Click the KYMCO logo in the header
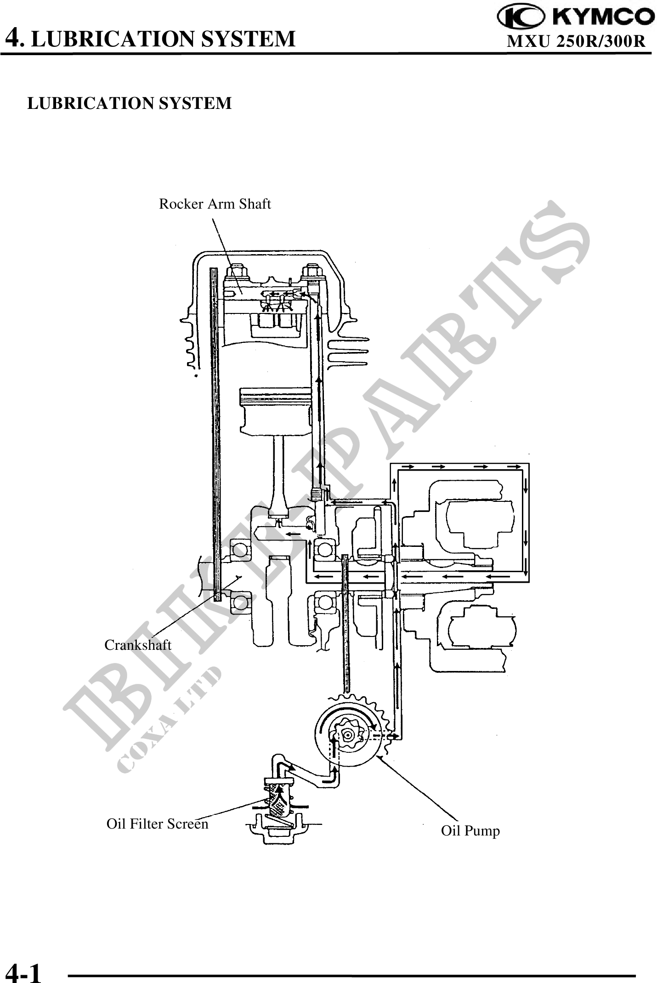[576, 17]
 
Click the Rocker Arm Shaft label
[215, 204]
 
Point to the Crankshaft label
[138, 645]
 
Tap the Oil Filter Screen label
[158, 824]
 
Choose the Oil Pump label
[470, 830]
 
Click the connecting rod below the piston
[280, 478]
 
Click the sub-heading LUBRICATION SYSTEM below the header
[130, 103]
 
